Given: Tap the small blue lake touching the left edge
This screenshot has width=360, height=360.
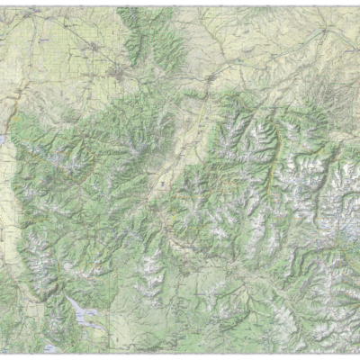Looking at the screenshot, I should pyautogui.click(x=4, y=144).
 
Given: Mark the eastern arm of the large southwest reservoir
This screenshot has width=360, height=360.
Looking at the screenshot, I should pyautogui.click(x=98, y=318).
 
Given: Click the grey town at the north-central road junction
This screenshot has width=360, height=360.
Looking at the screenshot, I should pyautogui.click(x=211, y=79).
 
